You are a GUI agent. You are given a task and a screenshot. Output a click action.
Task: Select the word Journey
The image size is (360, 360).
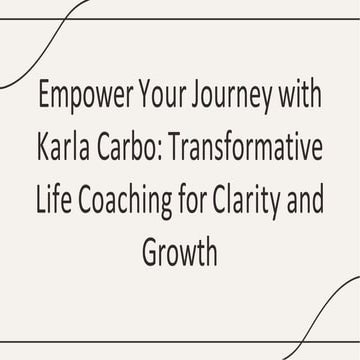(x=230, y=99)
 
